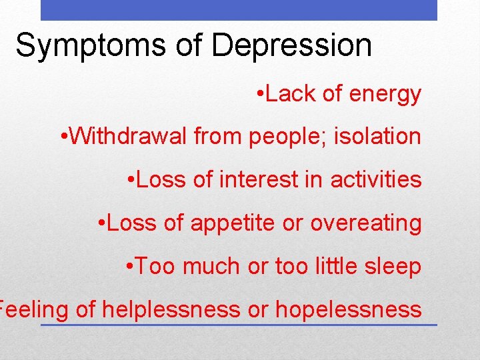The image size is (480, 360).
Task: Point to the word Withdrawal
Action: tap(128, 137)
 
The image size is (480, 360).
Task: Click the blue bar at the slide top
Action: tap(239, 10)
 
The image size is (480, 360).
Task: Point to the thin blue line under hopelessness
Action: tap(239, 325)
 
